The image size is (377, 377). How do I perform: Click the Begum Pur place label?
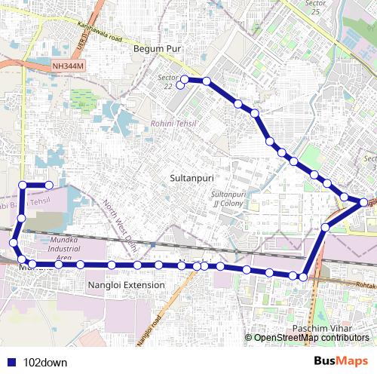click(158, 49)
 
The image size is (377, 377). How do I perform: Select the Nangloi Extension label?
click(126, 285)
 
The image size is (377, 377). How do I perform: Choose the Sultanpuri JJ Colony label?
click(224, 199)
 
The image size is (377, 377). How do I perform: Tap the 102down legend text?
click(45, 363)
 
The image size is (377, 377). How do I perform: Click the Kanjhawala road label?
click(93, 32)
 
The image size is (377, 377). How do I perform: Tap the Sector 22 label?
click(167, 81)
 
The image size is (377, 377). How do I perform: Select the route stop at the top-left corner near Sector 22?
click(185, 79)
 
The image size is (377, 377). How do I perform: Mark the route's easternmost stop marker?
click(364, 202)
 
